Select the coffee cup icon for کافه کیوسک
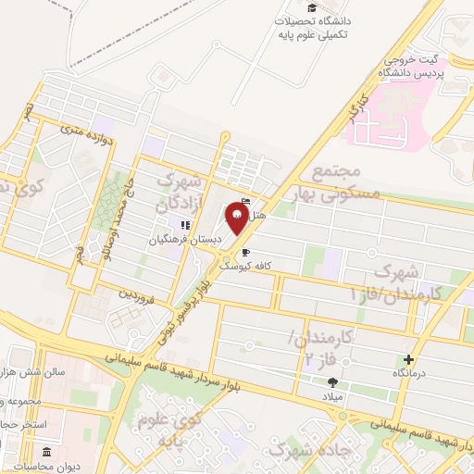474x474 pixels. [x=244, y=251]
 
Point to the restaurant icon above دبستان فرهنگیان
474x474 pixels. [x=185, y=224]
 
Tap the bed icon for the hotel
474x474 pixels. [x=245, y=203]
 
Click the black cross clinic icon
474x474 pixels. [x=409, y=358]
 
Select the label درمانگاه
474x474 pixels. [x=409, y=372]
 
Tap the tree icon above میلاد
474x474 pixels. [x=332, y=381]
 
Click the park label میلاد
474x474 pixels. [x=332, y=395]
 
